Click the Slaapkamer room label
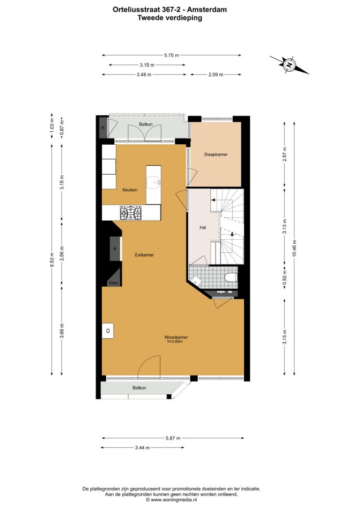coord(216,154)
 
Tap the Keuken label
coord(130,190)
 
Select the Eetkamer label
coord(144,255)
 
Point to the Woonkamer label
coord(176,337)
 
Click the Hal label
coord(203,227)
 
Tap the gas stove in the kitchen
coord(131,213)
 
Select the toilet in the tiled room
coord(231,278)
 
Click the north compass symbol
coord(289,65)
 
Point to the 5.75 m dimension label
coord(172,55)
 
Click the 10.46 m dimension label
coord(294,248)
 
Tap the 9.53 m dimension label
coord(51,260)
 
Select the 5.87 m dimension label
coord(173,438)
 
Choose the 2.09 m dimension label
coord(216,75)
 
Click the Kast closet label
coord(114,283)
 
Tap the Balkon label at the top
coord(146,124)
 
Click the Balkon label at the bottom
coord(139,387)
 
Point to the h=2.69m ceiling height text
coord(175,341)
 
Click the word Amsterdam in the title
coord(210,10)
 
